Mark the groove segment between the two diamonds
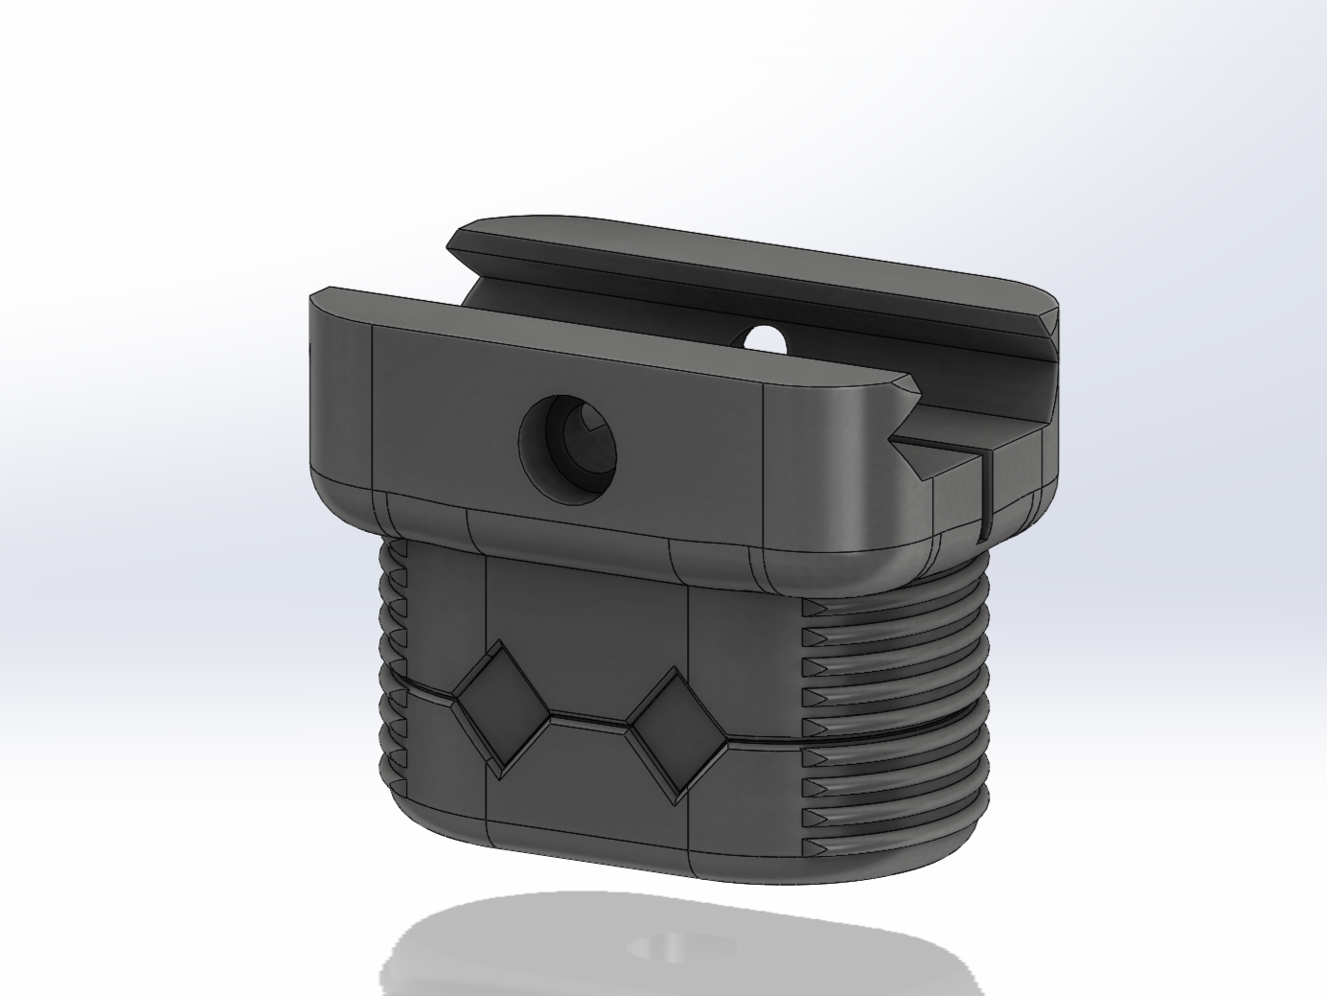click(589, 720)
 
